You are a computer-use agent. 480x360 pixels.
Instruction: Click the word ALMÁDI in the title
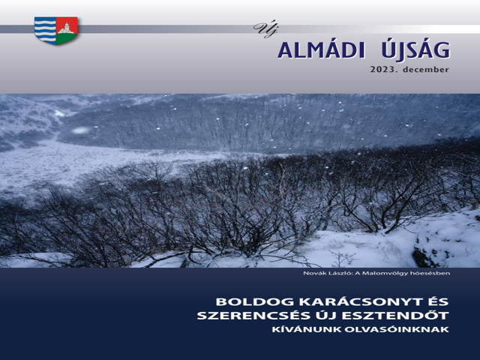point(322,50)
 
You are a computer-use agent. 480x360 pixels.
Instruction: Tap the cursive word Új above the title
point(265,30)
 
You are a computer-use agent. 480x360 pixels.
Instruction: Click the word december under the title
point(426,70)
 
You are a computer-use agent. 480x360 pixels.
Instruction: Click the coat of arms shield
point(55,31)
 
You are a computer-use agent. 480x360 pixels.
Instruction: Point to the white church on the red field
point(65,28)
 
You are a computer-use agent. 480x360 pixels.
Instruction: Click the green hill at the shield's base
point(66,38)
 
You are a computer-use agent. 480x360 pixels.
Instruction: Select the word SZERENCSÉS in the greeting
point(256,316)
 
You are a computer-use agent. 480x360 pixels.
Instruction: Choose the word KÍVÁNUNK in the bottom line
point(307,330)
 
